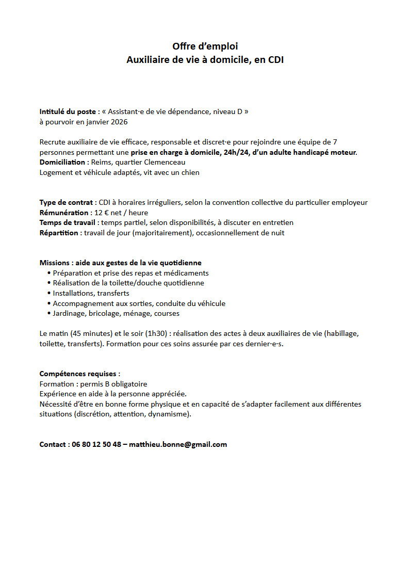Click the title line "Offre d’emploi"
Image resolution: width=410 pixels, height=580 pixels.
tap(205, 46)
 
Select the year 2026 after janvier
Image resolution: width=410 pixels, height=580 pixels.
tap(118, 122)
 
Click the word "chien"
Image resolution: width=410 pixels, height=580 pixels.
tap(189, 172)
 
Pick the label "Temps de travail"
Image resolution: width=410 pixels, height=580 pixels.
tap(68, 222)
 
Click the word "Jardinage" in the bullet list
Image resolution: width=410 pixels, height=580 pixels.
tap(69, 313)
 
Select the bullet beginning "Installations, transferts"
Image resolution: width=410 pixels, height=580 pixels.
tap(91, 293)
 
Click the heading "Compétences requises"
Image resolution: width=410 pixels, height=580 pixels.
tap(79, 374)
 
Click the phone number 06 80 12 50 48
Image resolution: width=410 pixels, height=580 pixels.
tap(96, 444)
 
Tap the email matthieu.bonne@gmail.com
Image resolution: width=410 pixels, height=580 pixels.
tap(178, 444)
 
